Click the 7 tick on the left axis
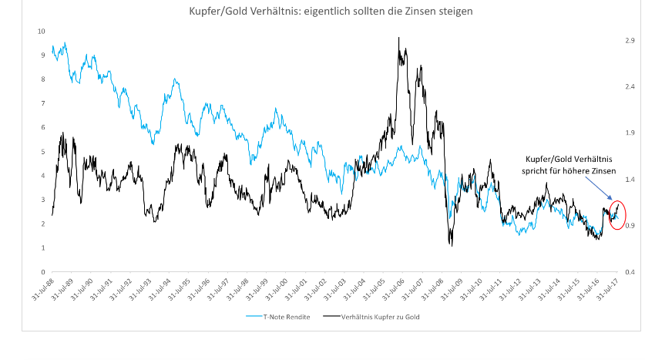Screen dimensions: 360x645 point(42,103)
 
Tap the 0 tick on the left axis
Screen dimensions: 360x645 point(42,272)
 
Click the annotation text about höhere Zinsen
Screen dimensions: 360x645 point(569,164)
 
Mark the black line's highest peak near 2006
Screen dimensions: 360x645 point(398,37)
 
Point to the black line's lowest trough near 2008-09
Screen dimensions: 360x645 point(452,246)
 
